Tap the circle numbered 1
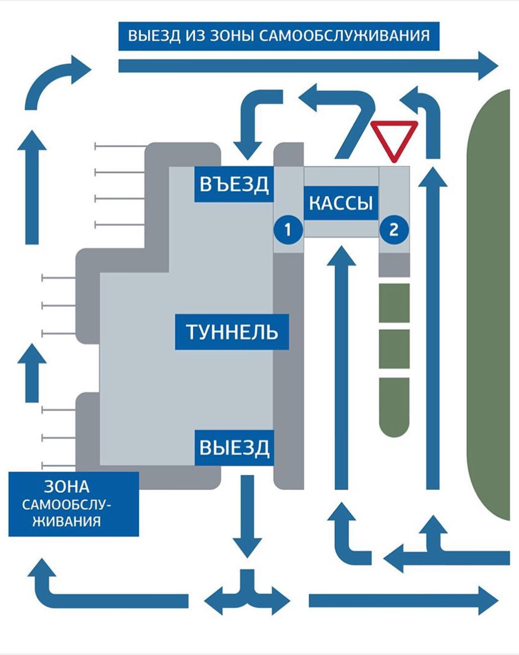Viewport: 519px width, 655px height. (288, 229)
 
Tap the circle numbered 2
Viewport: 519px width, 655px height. (393, 229)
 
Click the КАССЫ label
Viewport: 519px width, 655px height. (341, 203)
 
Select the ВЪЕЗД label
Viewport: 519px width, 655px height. (234, 184)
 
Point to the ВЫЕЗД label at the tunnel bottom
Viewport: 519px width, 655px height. (235, 448)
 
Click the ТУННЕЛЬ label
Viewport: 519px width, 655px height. (232, 332)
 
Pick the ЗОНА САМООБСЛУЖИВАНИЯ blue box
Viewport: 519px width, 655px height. (74, 504)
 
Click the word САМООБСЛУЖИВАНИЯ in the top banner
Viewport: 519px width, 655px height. (345, 36)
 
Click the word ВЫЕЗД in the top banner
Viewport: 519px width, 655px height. (154, 36)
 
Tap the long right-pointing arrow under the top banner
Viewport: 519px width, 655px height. (305, 65)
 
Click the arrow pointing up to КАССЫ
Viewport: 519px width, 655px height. (342, 368)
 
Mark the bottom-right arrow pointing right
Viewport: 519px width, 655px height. (402, 601)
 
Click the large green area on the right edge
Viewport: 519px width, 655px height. (489, 305)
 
